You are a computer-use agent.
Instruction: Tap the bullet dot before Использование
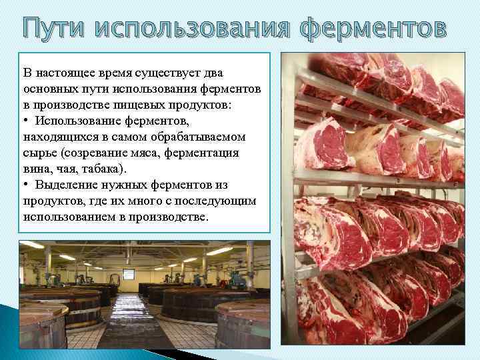click(x=26, y=121)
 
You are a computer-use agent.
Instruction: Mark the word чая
click(x=69, y=169)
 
